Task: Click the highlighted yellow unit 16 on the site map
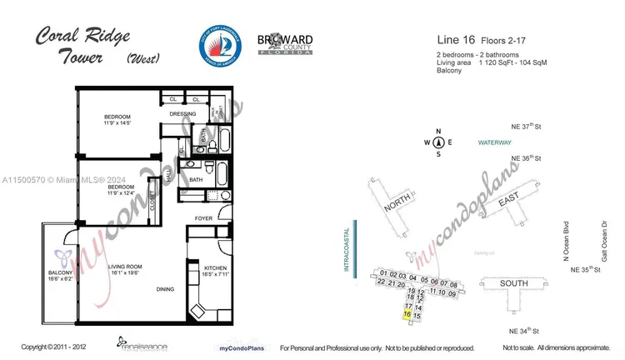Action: coord(407,314)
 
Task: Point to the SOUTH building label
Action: coord(513,283)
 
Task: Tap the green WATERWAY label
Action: coord(495,143)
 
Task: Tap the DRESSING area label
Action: coord(182,113)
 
